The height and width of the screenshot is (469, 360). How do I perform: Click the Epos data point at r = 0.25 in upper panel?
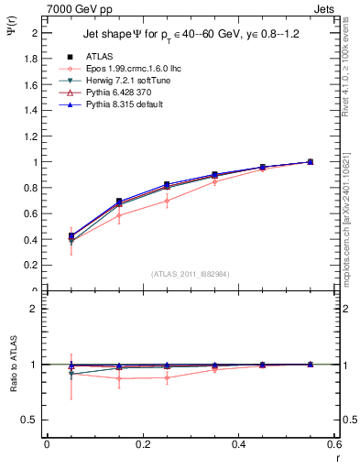click(x=167, y=201)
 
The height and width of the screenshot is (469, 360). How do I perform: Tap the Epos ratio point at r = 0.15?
click(x=118, y=377)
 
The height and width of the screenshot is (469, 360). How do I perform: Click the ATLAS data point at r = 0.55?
click(x=311, y=162)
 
